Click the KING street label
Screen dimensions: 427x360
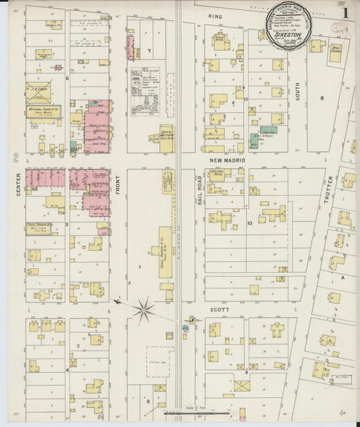pyautogui.click(x=215, y=16)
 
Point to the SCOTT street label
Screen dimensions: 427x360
pyautogui.click(x=220, y=309)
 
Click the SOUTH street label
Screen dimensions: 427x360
pyautogui.click(x=297, y=92)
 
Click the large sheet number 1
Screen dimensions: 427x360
pyautogui.click(x=345, y=12)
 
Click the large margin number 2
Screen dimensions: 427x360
pyautogui.click(x=15, y=157)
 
